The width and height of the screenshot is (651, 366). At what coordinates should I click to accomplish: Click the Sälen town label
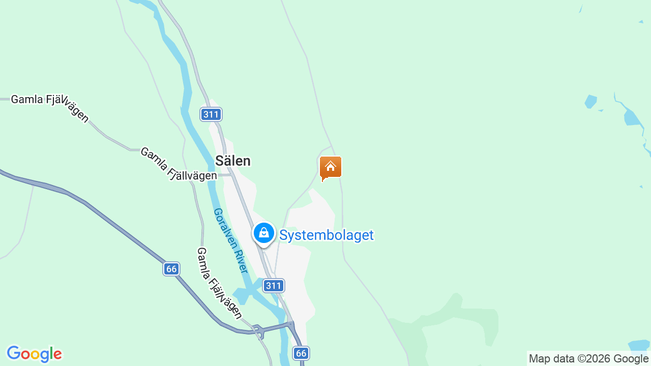tap(233, 161)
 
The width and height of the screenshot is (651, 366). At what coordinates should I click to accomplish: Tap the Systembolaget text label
tap(327, 235)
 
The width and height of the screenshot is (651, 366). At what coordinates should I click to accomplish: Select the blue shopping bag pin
tap(264, 233)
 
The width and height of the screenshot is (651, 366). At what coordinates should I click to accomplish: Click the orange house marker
tap(331, 167)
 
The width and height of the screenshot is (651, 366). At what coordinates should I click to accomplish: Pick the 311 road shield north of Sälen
tap(211, 114)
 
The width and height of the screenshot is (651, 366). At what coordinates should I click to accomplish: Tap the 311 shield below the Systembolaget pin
tap(274, 286)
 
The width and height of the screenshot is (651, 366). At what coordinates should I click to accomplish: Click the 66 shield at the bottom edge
tap(301, 353)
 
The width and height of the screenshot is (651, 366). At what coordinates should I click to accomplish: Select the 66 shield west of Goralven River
tap(172, 269)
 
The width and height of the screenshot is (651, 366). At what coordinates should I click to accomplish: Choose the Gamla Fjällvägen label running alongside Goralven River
tap(219, 283)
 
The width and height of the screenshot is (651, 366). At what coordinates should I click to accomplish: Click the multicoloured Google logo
tap(34, 354)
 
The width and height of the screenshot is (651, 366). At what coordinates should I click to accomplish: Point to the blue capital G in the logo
tap(13, 353)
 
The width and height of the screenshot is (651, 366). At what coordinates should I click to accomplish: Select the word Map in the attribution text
tap(539, 359)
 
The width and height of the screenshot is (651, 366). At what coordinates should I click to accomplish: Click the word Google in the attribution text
tap(631, 359)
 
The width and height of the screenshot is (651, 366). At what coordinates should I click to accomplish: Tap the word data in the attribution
tap(563, 359)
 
